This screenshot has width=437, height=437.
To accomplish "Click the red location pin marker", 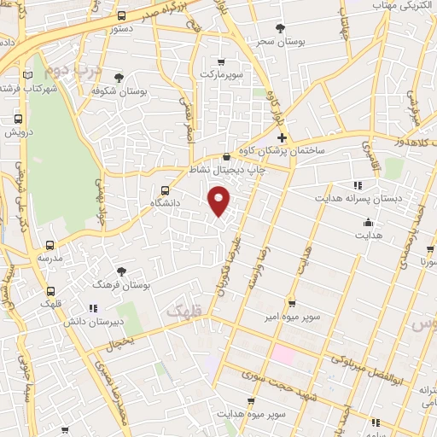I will click(220, 202).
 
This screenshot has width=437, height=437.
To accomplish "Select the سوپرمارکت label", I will click(222, 75).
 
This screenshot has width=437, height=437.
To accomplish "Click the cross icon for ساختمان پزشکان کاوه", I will click(283, 138).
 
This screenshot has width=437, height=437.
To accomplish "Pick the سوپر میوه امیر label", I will click(292, 317).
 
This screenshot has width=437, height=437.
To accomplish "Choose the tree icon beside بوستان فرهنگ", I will click(122, 271).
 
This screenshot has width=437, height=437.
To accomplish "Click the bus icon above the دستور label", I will click(122, 16).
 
